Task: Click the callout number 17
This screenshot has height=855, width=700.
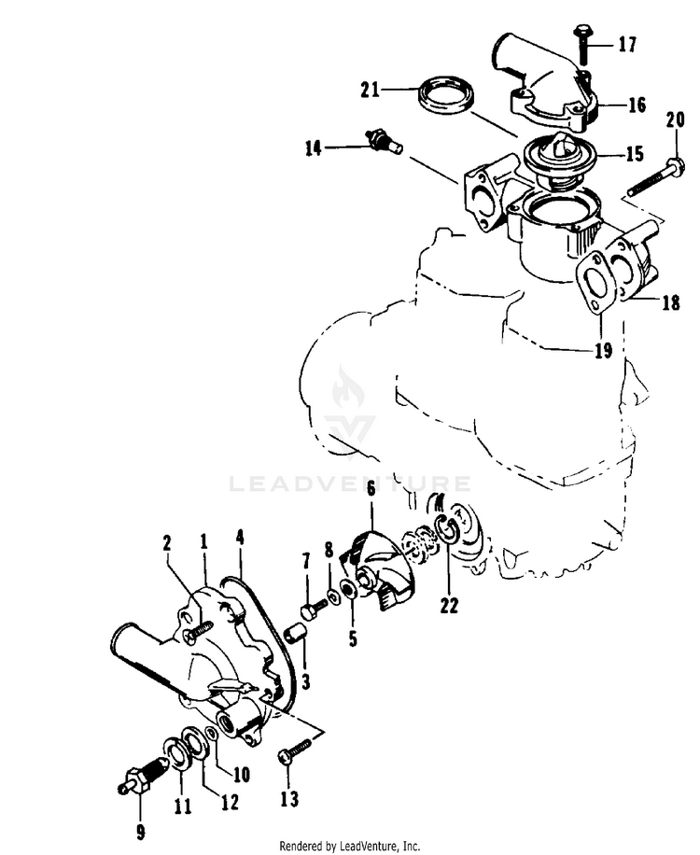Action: click(x=626, y=43)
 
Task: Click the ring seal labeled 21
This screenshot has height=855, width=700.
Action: click(x=447, y=97)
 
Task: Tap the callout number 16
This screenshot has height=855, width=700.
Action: click(x=637, y=105)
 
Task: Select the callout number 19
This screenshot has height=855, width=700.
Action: click(x=602, y=351)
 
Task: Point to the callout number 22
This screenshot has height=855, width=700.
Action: click(x=450, y=605)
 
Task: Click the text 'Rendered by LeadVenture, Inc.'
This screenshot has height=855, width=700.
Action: click(x=350, y=846)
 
